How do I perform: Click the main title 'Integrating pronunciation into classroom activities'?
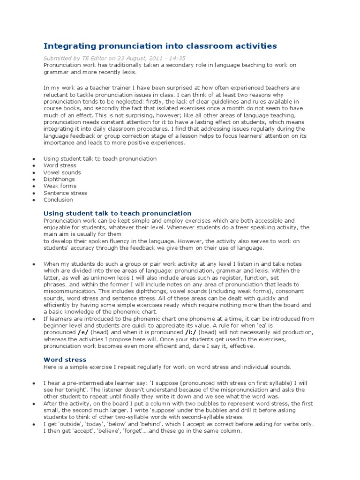tap(160, 46)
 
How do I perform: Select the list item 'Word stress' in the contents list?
tap(60, 165)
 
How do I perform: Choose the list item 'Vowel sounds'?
tap(62, 172)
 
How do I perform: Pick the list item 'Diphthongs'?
tap(59, 179)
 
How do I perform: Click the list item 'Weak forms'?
tap(60, 186)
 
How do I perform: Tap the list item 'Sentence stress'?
tap(65, 193)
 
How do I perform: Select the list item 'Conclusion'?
tap(58, 200)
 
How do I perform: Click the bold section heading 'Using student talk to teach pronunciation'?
tap(117, 213)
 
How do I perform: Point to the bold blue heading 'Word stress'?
tap(65, 360)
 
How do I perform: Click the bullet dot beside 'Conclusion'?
tap(34, 200)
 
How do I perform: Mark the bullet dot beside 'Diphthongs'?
tap(34, 180)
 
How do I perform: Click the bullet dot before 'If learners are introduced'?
tap(34, 319)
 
